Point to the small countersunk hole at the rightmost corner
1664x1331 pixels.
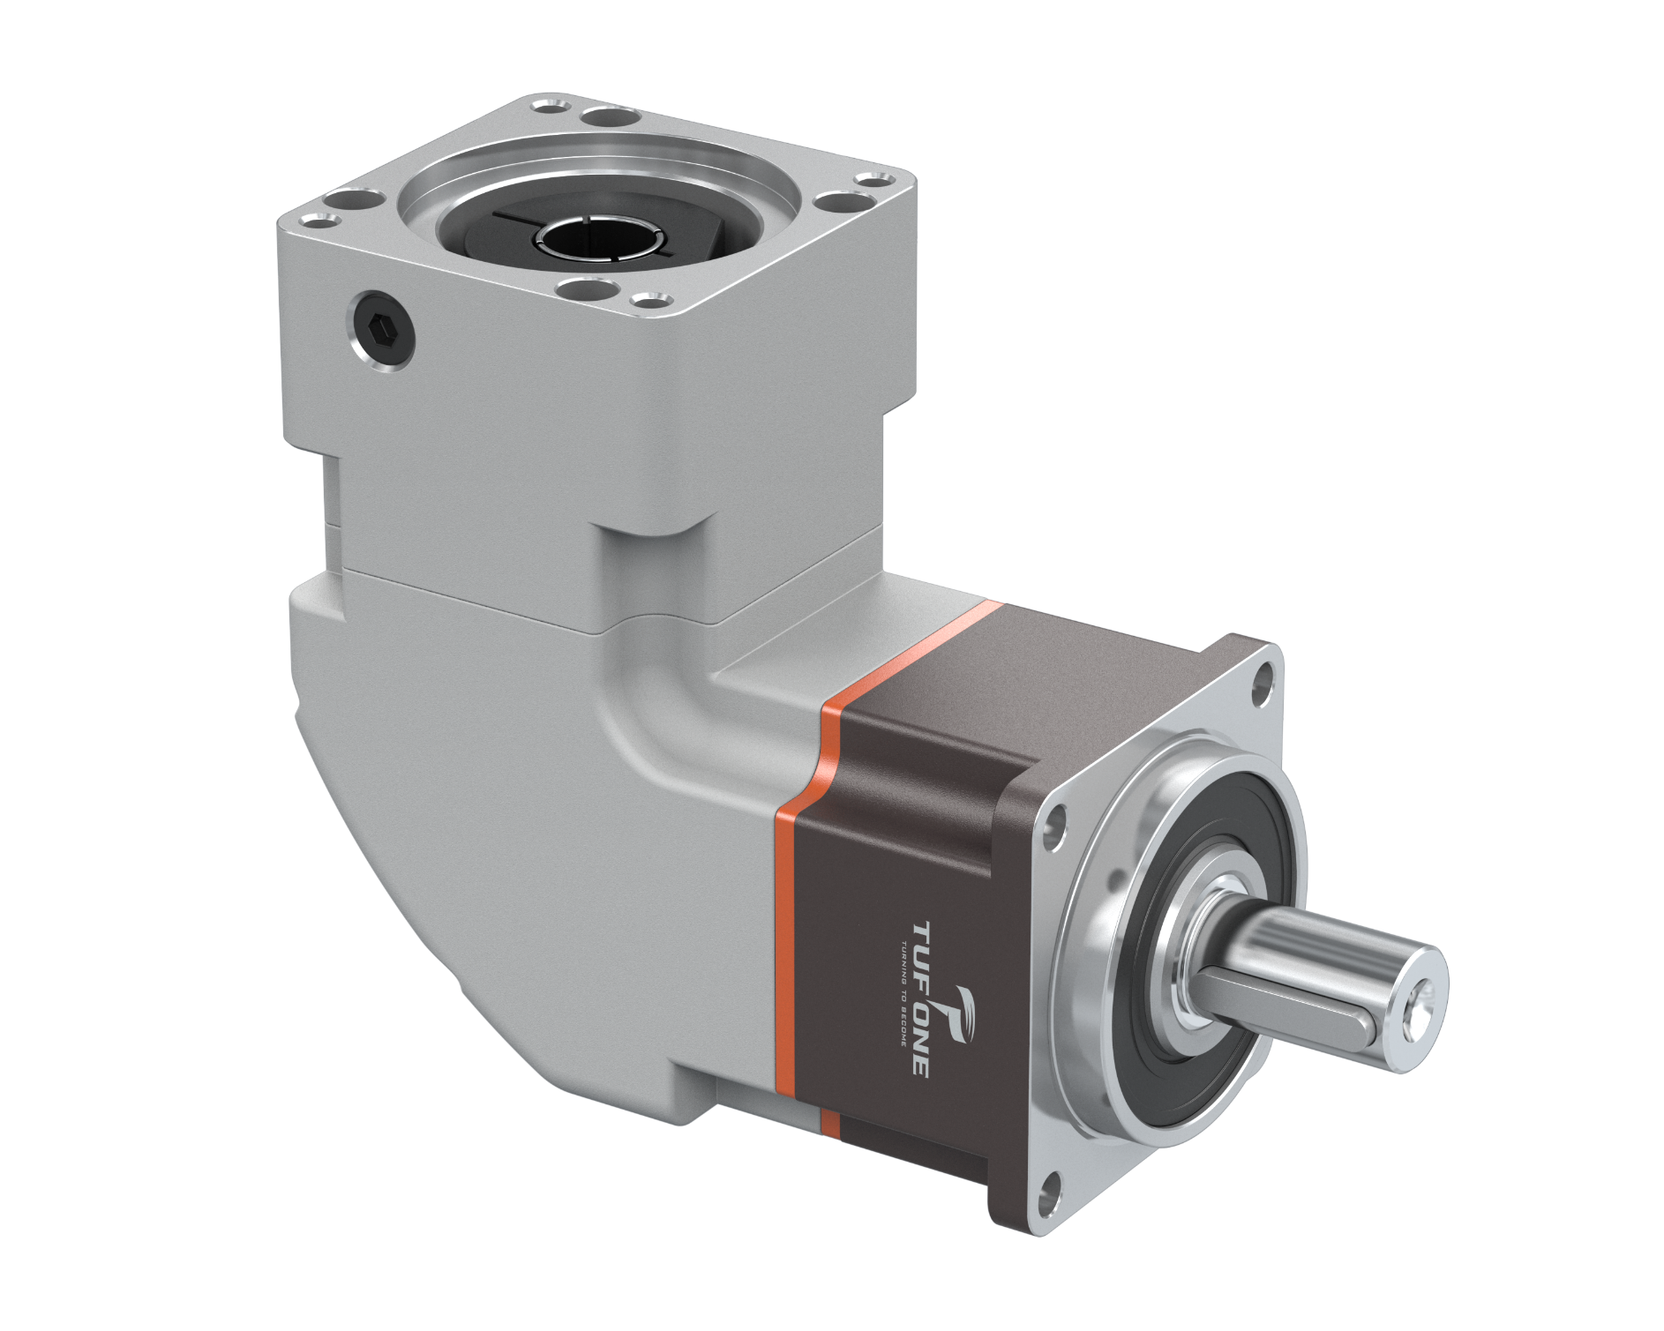[873, 183]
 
